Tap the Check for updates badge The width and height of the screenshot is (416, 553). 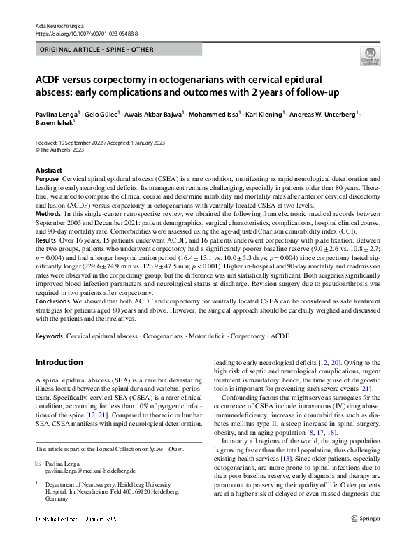(x=370, y=56)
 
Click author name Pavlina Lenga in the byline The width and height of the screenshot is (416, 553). (x=57, y=113)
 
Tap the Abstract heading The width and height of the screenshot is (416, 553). (x=48, y=171)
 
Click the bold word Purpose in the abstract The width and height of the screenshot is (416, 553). (x=48, y=180)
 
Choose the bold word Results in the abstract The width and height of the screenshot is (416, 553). (x=46, y=239)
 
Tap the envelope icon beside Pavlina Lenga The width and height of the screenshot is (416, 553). (x=38, y=464)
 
